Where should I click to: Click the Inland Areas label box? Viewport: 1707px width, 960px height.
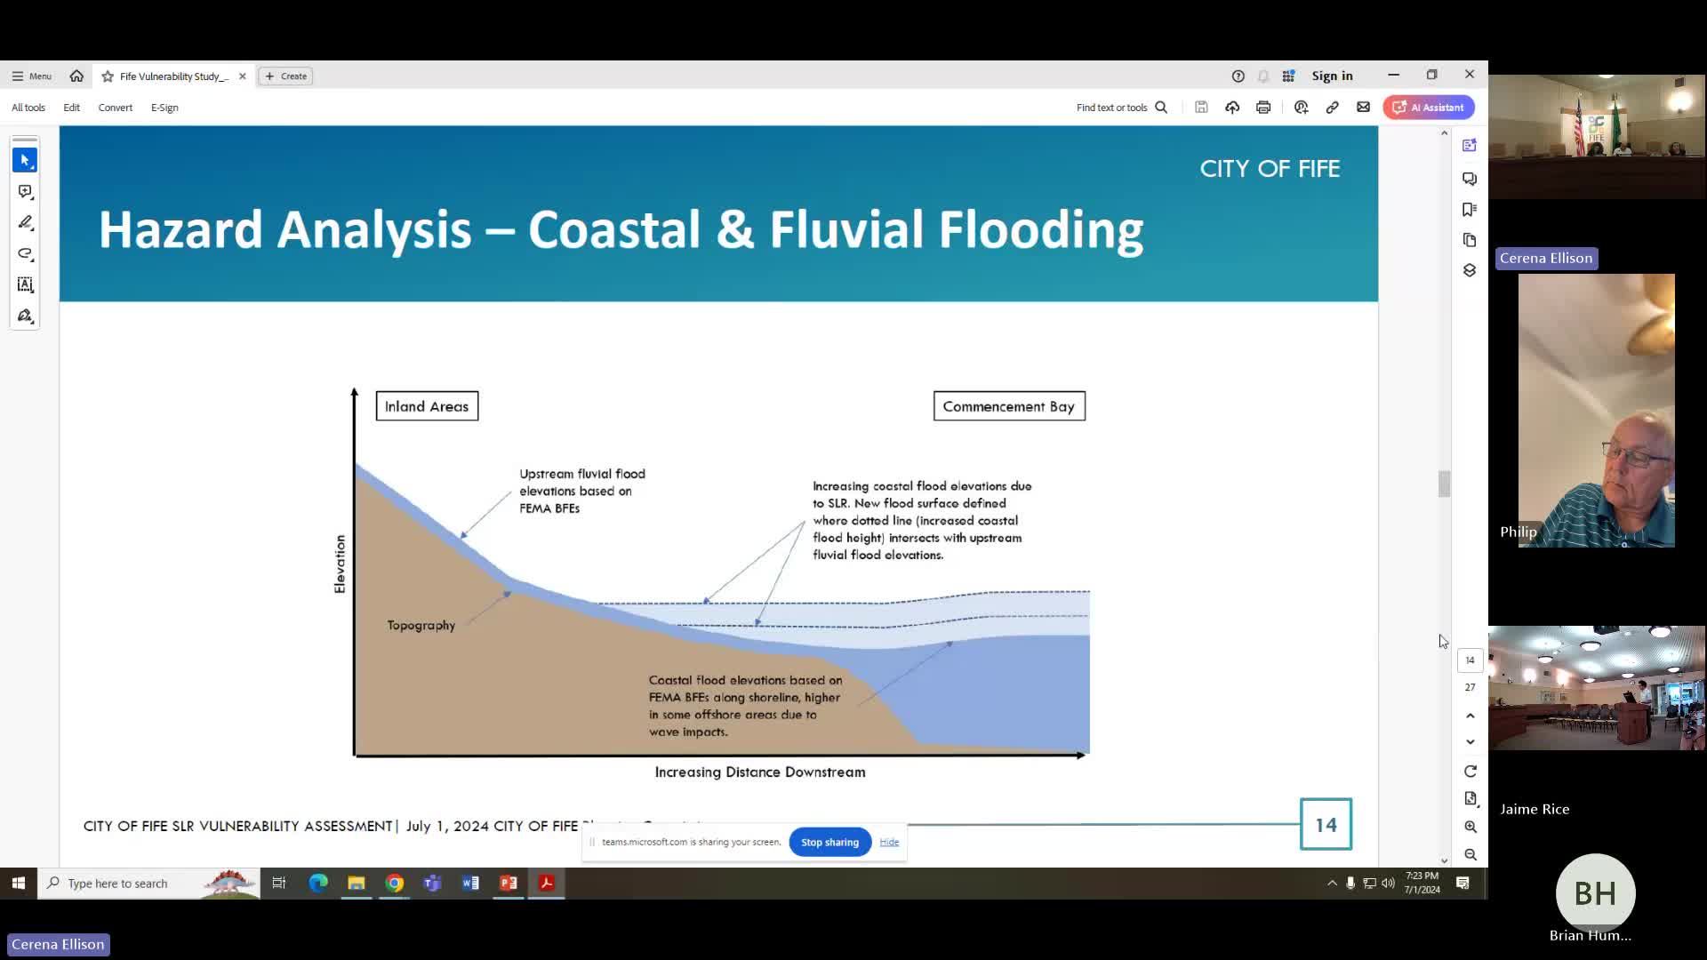click(427, 406)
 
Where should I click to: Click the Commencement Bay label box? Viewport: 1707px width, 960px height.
click(1009, 406)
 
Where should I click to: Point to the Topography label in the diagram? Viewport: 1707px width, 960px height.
click(421, 626)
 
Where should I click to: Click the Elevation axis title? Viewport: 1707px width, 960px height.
click(340, 564)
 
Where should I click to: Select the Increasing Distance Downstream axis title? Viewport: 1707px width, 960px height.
click(760, 772)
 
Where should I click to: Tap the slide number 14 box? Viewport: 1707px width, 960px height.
click(1326, 825)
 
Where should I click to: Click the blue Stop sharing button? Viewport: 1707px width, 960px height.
click(829, 843)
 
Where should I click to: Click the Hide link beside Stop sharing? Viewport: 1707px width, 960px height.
click(889, 843)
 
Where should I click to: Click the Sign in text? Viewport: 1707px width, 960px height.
click(1332, 76)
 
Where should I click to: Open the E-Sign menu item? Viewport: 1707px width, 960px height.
click(164, 108)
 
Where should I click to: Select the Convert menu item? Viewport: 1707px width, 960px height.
click(116, 108)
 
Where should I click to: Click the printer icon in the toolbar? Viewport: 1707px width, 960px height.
click(1263, 108)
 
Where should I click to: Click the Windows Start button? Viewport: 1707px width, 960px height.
click(18, 884)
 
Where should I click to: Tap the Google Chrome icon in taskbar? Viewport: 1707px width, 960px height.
click(395, 884)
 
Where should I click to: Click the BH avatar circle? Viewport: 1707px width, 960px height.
click(1595, 893)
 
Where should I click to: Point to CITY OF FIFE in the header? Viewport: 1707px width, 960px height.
click(1270, 169)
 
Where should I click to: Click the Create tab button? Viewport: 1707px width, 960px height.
click(286, 76)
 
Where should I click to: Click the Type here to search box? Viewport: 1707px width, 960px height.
click(133, 884)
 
